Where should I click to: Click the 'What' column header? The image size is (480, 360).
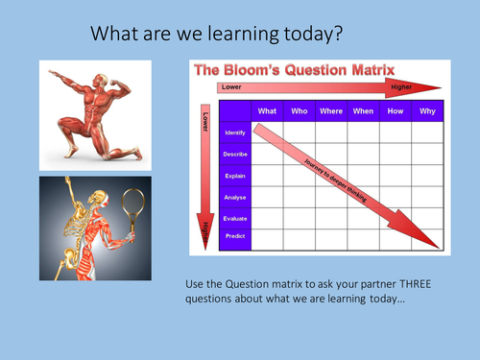pos(267,110)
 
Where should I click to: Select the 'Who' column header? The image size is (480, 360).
pos(299,110)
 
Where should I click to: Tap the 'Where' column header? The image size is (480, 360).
pos(331,110)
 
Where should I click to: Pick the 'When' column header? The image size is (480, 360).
pos(363,110)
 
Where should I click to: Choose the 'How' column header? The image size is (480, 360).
pos(396,110)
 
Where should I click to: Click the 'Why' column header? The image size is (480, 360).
pos(427,110)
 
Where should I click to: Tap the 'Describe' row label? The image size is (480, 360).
pos(235,154)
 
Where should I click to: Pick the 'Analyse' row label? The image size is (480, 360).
pos(235,197)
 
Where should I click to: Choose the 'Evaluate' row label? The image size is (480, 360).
pos(235,218)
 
